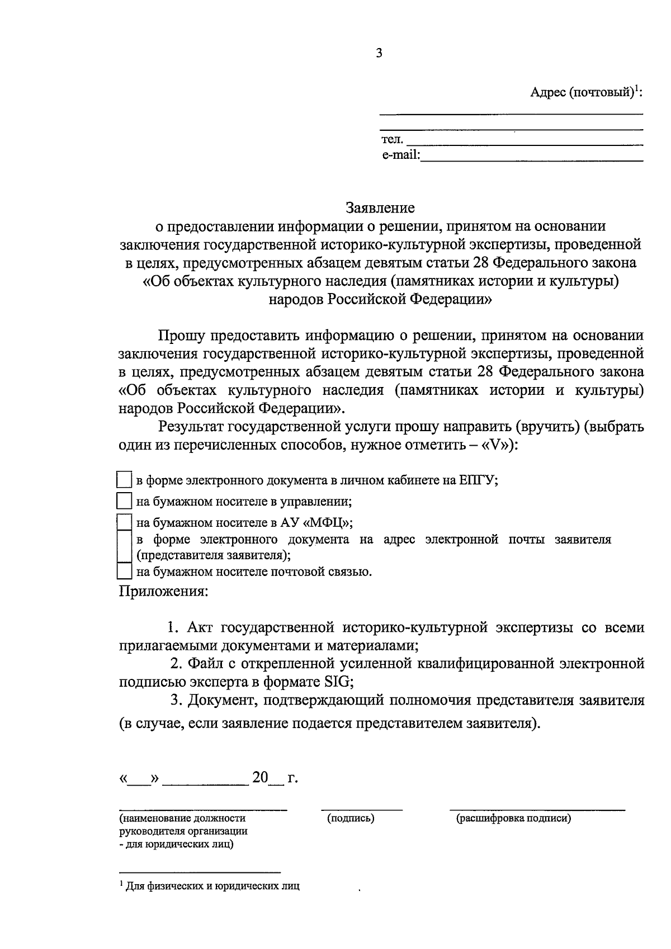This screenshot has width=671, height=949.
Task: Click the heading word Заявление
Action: [380, 208]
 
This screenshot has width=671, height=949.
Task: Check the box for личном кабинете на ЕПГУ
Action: [124, 480]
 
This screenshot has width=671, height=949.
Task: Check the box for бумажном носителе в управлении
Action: [124, 501]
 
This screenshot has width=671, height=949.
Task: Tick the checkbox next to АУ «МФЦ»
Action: [124, 522]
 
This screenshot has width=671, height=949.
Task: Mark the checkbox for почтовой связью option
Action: [124, 572]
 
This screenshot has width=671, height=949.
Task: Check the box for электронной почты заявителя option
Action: [124, 547]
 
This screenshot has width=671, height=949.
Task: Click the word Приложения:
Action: [163, 591]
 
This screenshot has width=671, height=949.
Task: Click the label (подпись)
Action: [351, 819]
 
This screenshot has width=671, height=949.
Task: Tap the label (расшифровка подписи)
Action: [513, 819]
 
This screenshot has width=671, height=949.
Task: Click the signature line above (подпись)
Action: [361, 809]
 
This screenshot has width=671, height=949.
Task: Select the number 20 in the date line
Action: [261, 778]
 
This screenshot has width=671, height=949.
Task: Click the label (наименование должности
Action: [182, 819]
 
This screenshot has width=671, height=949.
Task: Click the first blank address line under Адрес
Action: [511, 114]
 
